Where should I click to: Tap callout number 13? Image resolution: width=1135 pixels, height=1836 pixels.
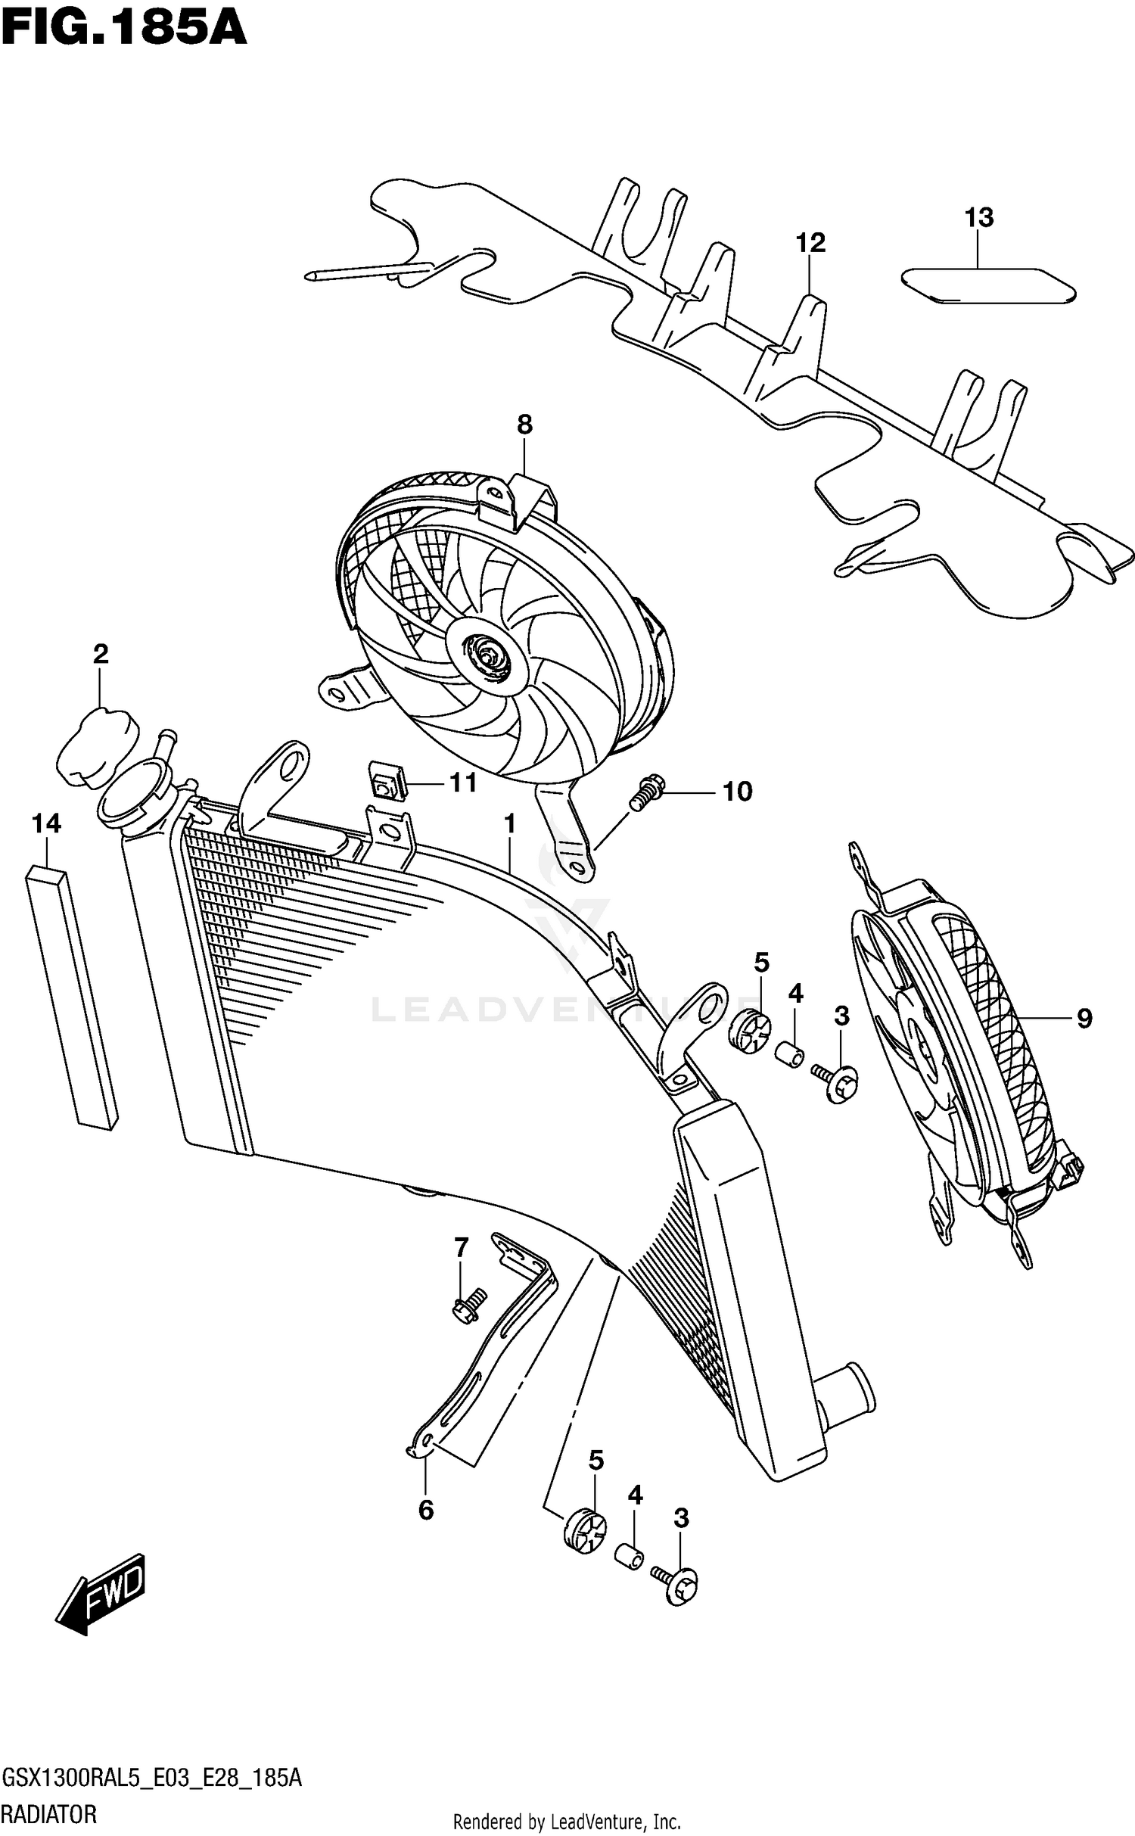pyautogui.click(x=978, y=218)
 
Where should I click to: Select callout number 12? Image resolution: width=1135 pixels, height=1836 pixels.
pyautogui.click(x=810, y=243)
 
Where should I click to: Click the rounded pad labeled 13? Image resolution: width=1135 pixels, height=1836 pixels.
pyautogui.click(x=988, y=286)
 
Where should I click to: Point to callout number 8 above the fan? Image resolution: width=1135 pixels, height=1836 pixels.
pyautogui.click(x=524, y=425)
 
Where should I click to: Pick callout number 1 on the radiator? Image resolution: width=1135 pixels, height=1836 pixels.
pyautogui.click(x=510, y=823)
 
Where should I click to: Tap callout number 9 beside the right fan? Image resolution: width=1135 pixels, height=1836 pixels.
pyautogui.click(x=1084, y=1019)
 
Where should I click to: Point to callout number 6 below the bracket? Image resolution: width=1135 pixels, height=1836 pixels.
pyautogui.click(x=426, y=1510)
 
